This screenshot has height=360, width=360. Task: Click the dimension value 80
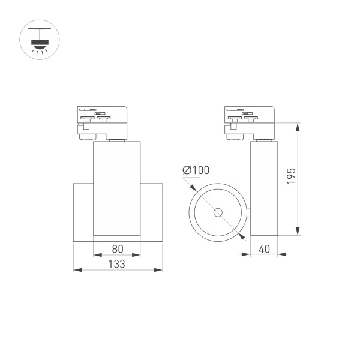117,247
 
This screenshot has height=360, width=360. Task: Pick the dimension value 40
264,247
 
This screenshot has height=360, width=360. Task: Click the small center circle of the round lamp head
217,212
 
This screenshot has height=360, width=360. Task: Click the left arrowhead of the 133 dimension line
76,270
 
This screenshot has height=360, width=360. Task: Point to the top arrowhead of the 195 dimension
298,125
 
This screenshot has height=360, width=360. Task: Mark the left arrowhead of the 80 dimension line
96,254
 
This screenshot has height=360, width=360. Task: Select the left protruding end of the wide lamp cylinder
83,212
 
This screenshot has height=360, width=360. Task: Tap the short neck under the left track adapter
117,140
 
